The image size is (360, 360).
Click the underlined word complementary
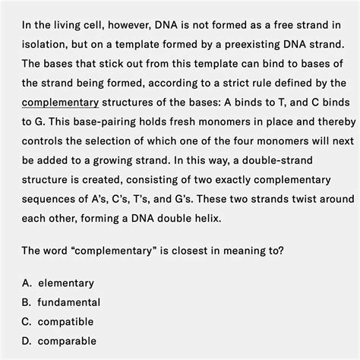[61, 102]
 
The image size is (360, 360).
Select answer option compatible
[66, 322]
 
